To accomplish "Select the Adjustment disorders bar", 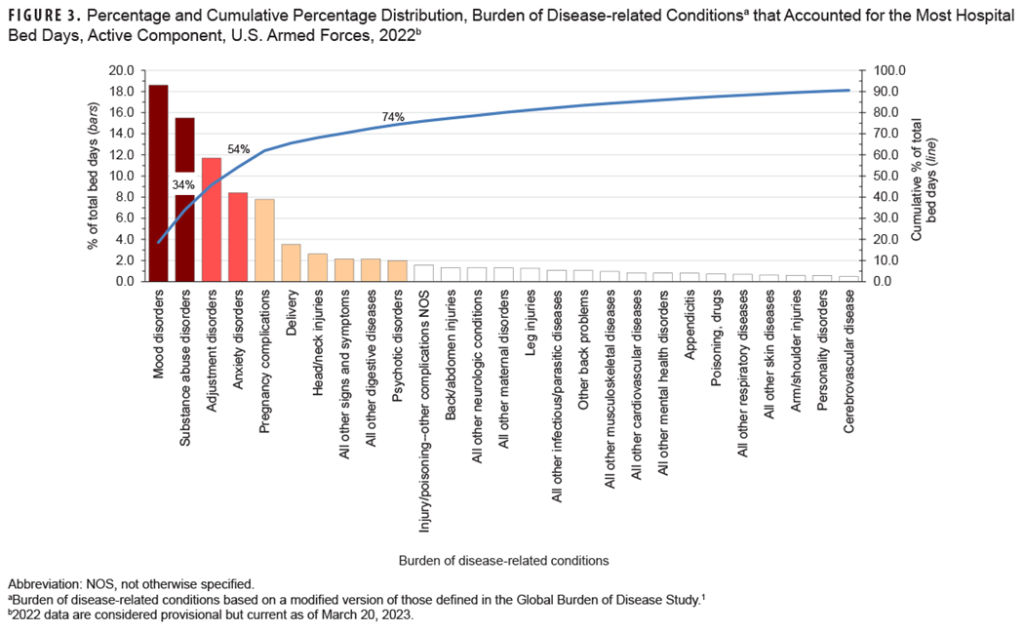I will click(x=212, y=219).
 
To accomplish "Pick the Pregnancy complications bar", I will click(x=264, y=240).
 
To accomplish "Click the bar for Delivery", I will click(x=291, y=262).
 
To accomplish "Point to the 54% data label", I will click(x=239, y=149).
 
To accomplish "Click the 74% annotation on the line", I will click(x=393, y=117).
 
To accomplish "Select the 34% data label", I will click(x=184, y=185).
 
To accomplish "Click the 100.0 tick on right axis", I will click(x=891, y=71).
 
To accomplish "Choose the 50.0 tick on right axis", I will click(x=888, y=177).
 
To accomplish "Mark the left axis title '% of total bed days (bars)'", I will click(x=94, y=177).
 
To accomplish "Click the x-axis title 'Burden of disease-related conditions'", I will click(x=503, y=560).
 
